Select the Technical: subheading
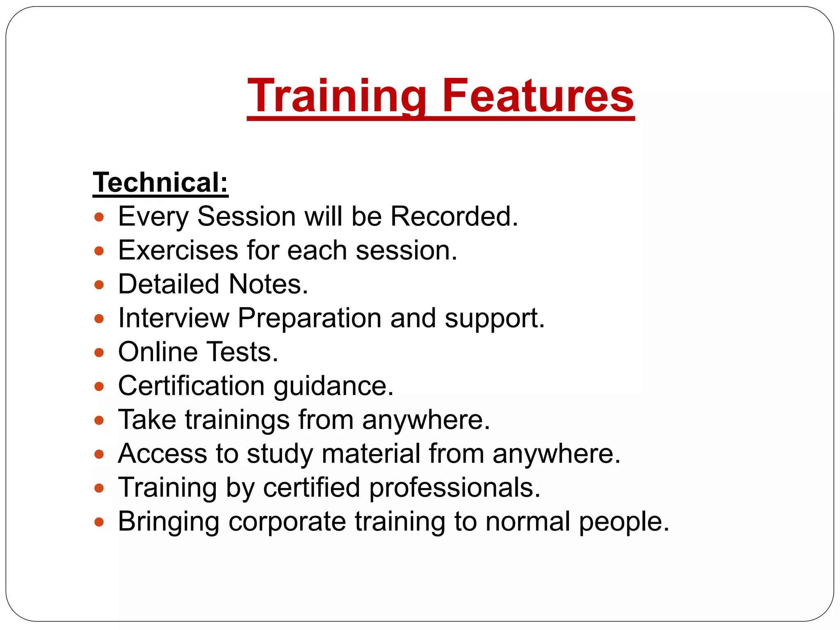tap(160, 182)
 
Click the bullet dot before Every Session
tap(99, 217)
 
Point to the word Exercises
tap(178, 250)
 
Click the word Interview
tap(173, 318)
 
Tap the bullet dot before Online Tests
tap(99, 352)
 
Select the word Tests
tap(242, 352)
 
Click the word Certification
tap(191, 386)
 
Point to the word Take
tap(147, 420)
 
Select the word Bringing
tap(169, 522)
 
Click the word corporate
tap(287, 522)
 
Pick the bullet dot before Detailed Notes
tap(99, 285)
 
